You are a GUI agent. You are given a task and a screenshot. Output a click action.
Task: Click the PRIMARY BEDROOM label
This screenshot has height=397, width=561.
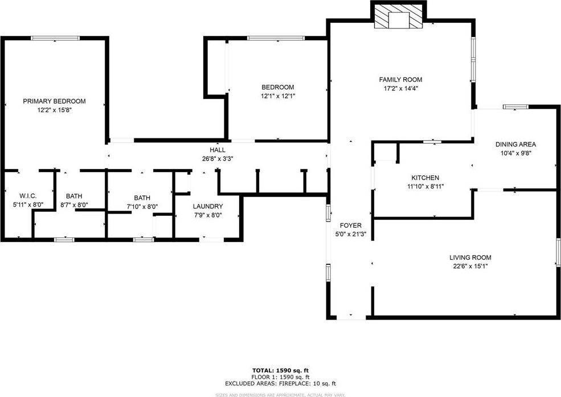[54, 101]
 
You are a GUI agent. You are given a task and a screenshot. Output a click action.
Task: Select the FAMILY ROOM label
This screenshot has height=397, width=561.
[401, 80]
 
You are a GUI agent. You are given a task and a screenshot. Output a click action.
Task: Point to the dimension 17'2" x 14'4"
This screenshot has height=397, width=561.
[401, 89]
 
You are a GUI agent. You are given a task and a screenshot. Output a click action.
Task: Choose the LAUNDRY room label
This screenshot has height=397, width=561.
[208, 206]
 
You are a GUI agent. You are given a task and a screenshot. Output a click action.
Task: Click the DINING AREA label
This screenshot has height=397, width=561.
[515, 144]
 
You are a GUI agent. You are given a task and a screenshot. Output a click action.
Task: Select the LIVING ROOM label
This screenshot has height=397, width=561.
[470, 257]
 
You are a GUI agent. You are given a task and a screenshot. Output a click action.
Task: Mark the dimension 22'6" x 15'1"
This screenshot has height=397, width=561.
[470, 267]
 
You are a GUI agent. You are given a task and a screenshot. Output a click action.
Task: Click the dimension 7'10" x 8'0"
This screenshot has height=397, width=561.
[142, 207]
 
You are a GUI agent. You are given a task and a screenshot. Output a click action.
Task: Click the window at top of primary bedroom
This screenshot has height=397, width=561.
[55, 38]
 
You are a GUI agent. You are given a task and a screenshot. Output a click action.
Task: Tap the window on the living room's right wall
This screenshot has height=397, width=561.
[558, 252]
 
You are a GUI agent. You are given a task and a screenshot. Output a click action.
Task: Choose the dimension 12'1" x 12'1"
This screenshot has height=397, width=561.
[278, 96]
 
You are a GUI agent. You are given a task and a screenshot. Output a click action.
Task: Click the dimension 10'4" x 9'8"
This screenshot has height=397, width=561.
[515, 153]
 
